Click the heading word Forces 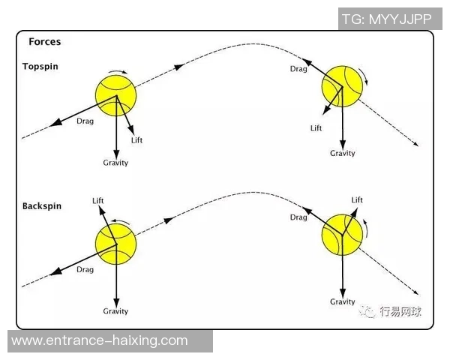pos(44,42)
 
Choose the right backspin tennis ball pos(342,234)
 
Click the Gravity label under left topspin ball pos(115,163)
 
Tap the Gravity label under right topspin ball pos(343,154)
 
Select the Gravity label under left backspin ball pos(115,311)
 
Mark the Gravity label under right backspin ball pos(343,301)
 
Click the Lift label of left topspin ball pos(136,141)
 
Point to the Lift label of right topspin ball pos(316,128)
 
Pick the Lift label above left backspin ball pos(97,200)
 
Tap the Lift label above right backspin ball pos(357,200)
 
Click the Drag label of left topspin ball pos(85,121)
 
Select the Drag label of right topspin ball pos(298,69)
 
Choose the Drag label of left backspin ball pos(85,270)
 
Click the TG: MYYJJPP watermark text pos(386,19)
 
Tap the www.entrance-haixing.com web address pos(100,340)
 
